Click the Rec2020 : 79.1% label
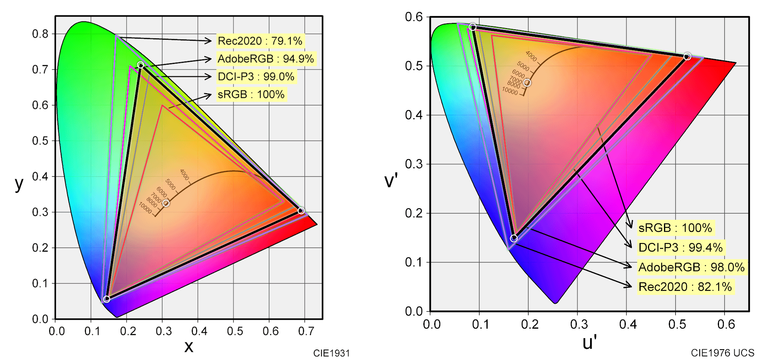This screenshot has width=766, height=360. pos(260,41)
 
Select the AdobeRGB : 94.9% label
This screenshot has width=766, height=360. pos(266,59)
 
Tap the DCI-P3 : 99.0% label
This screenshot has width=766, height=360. pos(256,77)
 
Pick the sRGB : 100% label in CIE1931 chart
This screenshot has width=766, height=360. pos(251,95)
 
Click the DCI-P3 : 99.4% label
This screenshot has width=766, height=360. pos(680,247)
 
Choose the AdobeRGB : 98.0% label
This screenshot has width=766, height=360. pos(691,267)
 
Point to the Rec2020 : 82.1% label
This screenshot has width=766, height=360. pos(685,287)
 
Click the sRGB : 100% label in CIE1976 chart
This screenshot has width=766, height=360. pos(675,228)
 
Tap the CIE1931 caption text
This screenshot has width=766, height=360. pos(331,353)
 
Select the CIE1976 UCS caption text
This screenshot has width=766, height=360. pos(722,353)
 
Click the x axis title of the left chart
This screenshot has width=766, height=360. pos(188,346)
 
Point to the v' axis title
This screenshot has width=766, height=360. pos(391,180)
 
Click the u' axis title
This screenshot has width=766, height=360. pos(589,343)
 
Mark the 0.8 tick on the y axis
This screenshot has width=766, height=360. pos(40,34)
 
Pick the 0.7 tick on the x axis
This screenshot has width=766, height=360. pos(306,331)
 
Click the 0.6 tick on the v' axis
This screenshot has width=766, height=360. pos(414,17)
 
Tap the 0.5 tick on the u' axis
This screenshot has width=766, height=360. pos(677,324)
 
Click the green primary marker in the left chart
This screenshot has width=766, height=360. pos(141,65)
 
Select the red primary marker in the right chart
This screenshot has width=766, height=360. pos(687,56)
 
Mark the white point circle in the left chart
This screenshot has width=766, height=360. pos(166,203)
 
